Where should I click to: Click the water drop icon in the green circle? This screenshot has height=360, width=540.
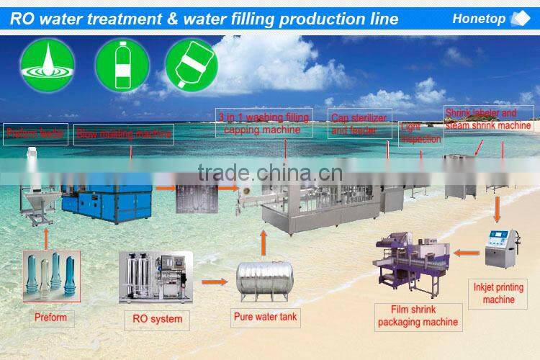[47, 65]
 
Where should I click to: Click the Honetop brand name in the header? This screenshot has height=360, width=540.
[479, 19]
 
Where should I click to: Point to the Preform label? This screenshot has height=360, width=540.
[50, 318]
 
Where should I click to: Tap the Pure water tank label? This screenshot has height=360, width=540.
[265, 316]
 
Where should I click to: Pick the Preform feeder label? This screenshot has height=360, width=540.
[35, 134]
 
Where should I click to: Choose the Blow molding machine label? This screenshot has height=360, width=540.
[124, 134]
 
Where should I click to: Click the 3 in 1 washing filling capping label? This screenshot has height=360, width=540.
[265, 122]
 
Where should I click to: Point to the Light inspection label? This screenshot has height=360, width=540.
[420, 133]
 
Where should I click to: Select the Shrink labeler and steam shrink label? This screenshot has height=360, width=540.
[488, 120]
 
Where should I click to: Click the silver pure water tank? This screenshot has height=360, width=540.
[265, 282]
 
